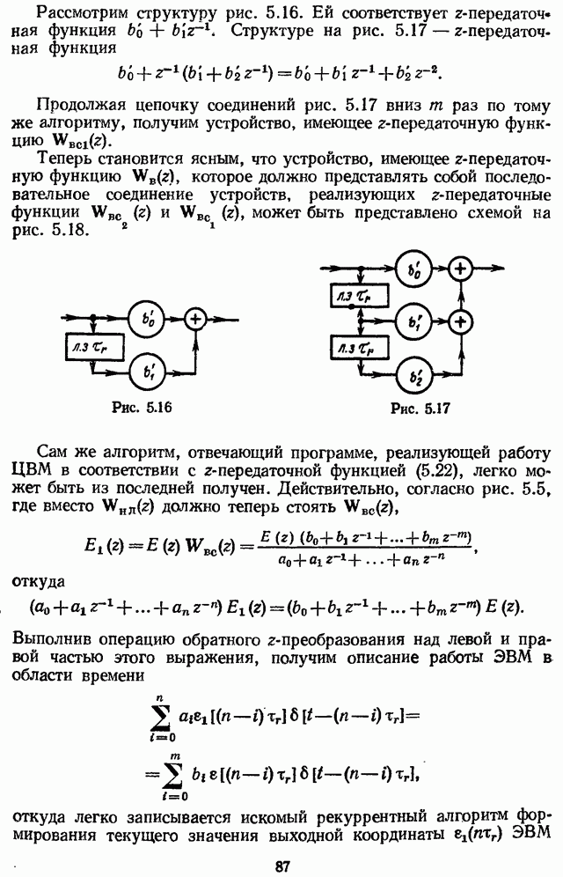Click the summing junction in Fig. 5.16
tap(196, 320)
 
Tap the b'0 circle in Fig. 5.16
tap(148, 320)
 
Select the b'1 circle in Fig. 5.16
tap(148, 372)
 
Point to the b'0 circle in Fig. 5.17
tap(413, 269)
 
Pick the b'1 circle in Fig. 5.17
tap(413, 321)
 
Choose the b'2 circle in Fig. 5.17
tap(413, 374)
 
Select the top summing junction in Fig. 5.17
tap(461, 269)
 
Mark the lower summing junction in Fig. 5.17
tap(461, 321)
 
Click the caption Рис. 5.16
tap(142, 407)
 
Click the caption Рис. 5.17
tap(420, 409)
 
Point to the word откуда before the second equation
tap(39, 581)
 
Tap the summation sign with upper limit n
tap(161, 715)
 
